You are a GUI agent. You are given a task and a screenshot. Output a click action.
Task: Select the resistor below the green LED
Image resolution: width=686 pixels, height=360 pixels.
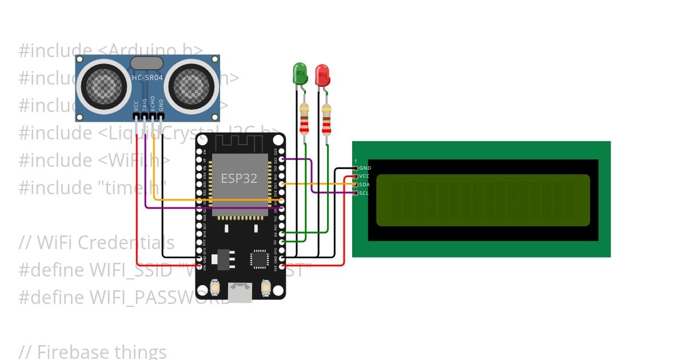[x=304, y=120]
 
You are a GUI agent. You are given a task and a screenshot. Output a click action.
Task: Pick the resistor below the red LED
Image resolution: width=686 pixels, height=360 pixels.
[x=326, y=120]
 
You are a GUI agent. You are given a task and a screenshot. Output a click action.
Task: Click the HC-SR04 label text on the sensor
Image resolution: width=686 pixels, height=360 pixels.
[x=147, y=78]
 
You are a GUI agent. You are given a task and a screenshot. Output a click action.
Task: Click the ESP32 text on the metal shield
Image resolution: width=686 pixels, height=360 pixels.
[x=239, y=178]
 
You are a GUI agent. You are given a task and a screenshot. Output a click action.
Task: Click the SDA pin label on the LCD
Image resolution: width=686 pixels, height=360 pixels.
[x=364, y=185]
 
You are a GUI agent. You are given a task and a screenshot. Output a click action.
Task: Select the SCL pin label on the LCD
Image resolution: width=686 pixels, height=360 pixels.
[x=364, y=193]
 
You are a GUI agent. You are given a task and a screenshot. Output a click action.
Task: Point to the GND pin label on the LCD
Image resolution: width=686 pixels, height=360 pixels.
[x=365, y=168]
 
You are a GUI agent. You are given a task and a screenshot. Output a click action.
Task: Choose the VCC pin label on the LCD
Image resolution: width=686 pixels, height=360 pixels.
[x=364, y=176]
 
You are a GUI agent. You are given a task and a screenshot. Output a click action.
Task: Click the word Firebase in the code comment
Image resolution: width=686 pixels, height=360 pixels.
[x=73, y=352]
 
